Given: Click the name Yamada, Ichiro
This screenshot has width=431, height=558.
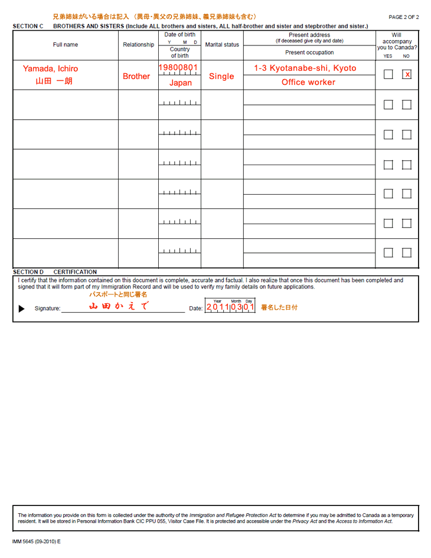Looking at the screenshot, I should [x=50, y=68].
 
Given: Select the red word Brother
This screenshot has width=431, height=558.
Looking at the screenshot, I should [x=136, y=76].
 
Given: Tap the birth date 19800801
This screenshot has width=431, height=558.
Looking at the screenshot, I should [x=178, y=68].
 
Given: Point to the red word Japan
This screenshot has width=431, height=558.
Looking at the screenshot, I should [x=180, y=83].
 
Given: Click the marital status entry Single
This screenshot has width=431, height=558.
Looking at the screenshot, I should [x=221, y=76].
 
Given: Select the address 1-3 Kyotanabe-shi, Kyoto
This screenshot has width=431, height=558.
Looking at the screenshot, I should [x=305, y=68].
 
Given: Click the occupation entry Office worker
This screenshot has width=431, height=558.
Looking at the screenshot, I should [x=308, y=82].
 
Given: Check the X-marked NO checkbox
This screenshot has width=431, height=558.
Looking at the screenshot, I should [x=407, y=74].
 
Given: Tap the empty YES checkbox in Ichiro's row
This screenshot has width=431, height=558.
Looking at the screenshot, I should [x=388, y=74].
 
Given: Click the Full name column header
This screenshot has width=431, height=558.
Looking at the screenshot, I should [x=65, y=45].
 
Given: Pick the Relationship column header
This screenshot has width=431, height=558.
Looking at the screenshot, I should [x=138, y=45].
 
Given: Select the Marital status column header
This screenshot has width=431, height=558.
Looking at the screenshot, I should [x=222, y=45].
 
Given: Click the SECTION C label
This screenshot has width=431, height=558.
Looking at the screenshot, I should [x=28, y=26].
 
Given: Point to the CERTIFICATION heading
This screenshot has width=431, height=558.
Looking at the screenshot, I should [x=75, y=272].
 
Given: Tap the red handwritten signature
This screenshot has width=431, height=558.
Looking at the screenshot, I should [x=118, y=306].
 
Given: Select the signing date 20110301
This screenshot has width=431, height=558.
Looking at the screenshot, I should [x=230, y=307].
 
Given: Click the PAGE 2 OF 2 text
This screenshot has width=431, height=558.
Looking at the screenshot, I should [x=403, y=17].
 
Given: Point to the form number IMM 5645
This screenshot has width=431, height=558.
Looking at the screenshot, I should [x=35, y=541].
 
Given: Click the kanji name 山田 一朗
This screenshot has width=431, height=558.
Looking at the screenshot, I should [x=54, y=81].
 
